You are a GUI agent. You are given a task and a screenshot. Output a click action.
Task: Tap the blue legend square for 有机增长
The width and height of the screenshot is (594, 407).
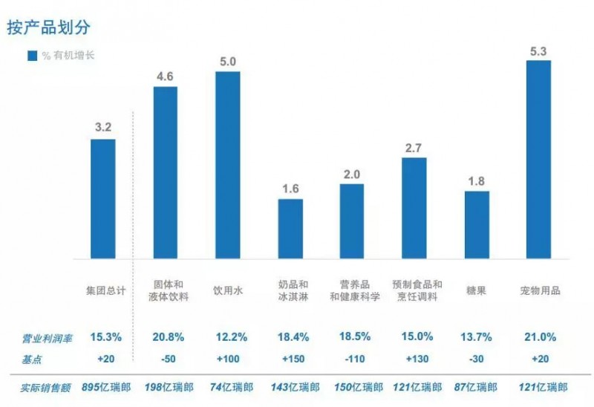point(32,56)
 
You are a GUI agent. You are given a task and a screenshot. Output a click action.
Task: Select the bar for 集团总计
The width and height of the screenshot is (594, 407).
point(103,199)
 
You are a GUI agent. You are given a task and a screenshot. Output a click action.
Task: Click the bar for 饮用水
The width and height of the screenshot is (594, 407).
point(228,165)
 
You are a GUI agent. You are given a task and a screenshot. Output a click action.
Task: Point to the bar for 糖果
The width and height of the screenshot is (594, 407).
point(477,225)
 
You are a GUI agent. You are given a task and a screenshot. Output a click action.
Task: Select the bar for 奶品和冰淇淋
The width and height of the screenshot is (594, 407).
point(290,229)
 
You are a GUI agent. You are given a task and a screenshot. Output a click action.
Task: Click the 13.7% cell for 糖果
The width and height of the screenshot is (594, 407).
point(477,337)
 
